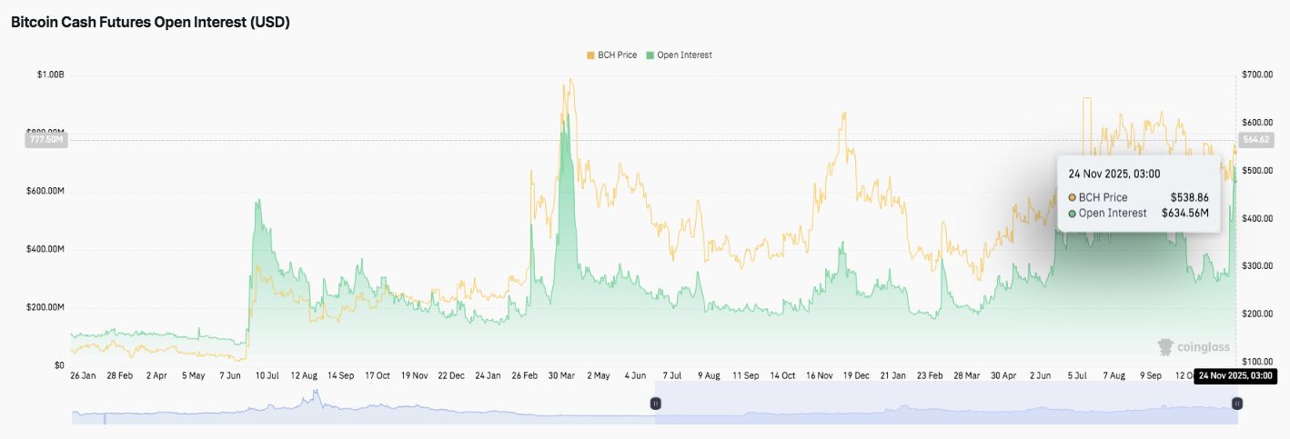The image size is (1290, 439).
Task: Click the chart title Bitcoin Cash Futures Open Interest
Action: pyautogui.click(x=150, y=23)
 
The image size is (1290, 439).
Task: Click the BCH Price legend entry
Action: pyautogui.click(x=615, y=55)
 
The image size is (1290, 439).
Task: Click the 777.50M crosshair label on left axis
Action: pyautogui.click(x=46, y=140)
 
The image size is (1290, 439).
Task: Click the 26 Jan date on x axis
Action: pyautogui.click(x=83, y=374)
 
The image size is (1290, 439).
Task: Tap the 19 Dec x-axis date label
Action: pyautogui.click(x=854, y=374)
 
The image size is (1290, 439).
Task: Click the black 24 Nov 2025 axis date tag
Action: pyautogui.click(x=1235, y=375)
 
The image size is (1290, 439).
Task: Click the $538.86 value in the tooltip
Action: pyautogui.click(x=1189, y=197)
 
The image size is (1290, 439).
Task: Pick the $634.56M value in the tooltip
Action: pyautogui.click(x=1184, y=214)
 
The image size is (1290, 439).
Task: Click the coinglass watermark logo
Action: pyautogui.click(x=1194, y=346)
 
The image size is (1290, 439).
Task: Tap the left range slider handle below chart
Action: pyautogui.click(x=655, y=404)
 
